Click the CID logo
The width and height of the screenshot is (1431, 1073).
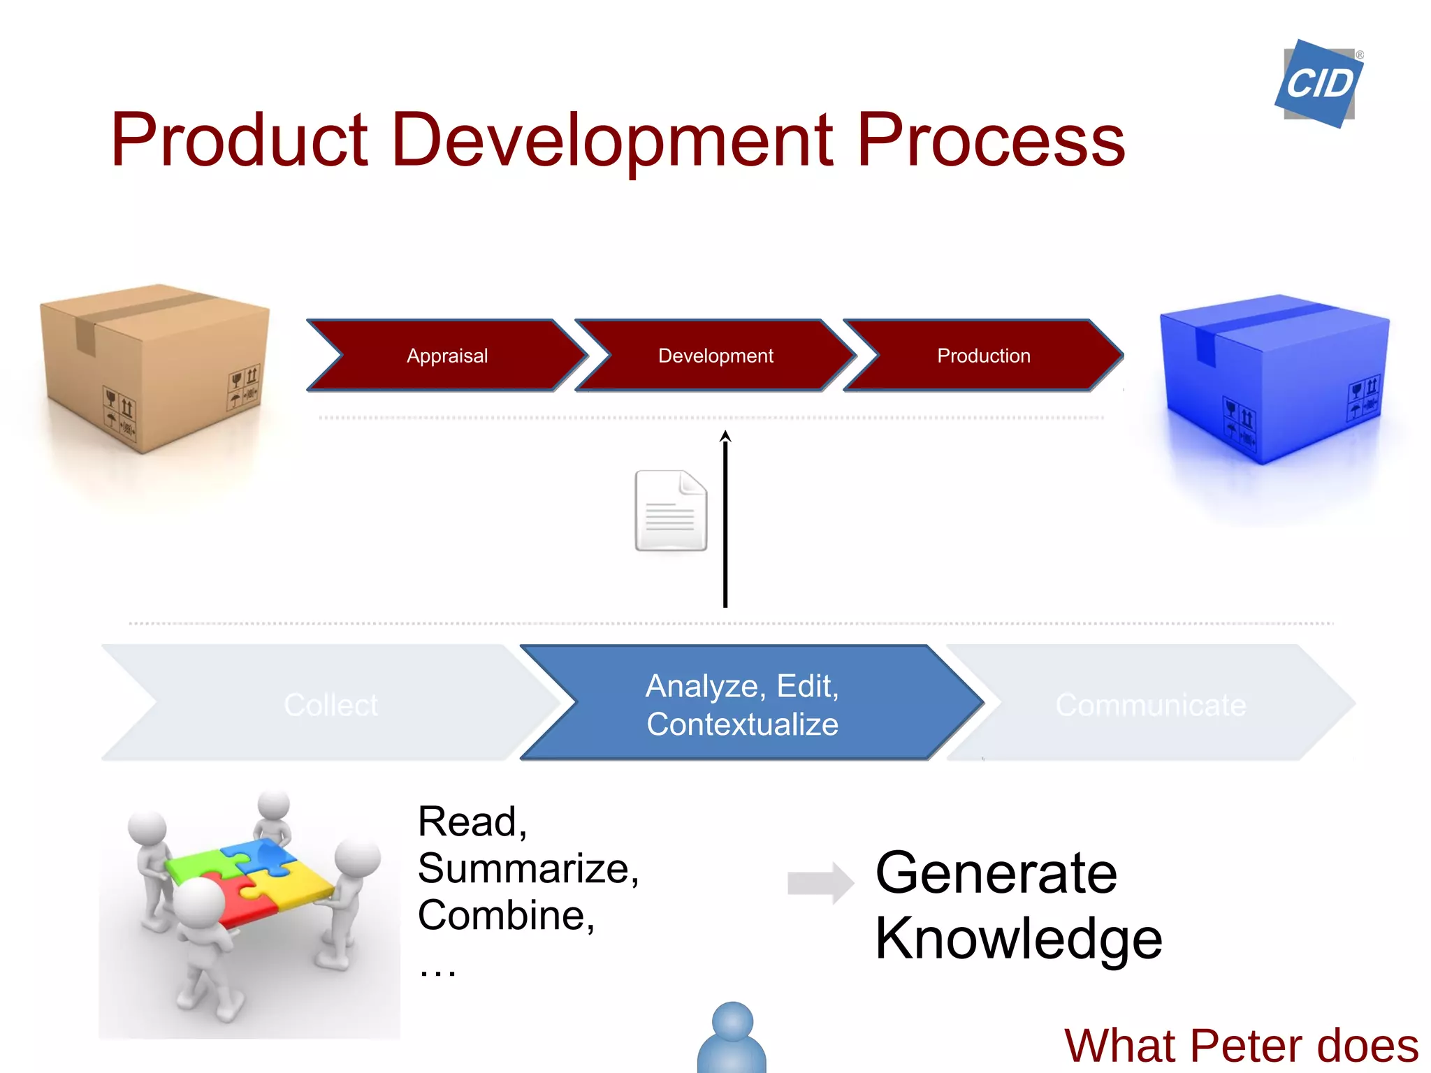point(1319,84)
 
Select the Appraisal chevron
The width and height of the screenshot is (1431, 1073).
point(447,356)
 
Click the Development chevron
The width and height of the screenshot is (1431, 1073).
point(715,356)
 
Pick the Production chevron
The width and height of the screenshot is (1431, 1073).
point(983,356)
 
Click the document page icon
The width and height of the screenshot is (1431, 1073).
point(670,511)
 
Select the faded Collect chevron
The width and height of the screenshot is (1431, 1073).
point(330,703)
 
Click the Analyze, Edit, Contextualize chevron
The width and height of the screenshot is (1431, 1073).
point(742,704)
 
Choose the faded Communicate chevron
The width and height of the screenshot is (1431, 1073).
point(1150,704)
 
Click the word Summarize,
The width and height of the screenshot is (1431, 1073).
point(528,868)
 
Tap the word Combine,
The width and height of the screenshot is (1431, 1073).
point(506,915)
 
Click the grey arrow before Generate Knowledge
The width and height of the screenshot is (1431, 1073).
point(820,883)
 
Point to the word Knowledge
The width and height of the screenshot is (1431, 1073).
point(1018,938)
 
